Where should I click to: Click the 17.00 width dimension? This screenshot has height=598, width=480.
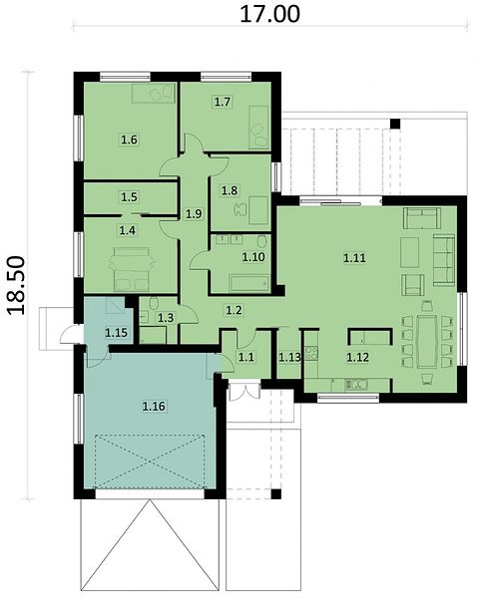pos(269,14)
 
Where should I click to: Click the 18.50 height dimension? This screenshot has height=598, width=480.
pos(16,285)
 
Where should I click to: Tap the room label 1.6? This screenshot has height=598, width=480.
pos(129,140)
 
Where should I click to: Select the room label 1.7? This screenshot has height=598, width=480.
pos(223,103)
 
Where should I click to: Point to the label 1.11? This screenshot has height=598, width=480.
pos(354,258)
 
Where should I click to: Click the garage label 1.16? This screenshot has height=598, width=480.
pos(154,407)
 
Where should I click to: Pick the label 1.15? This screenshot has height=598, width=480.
pos(116,333)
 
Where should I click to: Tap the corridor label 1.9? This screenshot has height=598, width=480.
pos(194,214)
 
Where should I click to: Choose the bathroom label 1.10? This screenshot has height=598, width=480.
pos(253,257)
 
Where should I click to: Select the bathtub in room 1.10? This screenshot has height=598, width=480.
pos(248,283)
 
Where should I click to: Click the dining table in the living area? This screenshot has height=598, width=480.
pos(427,341)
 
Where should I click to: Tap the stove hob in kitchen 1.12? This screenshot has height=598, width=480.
pos(311,353)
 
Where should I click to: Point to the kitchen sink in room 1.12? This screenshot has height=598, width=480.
pos(356,385)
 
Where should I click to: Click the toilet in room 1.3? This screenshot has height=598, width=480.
pos(154,304)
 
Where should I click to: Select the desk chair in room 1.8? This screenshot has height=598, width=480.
pos(240,209)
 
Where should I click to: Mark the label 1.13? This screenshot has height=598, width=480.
pos(289,358)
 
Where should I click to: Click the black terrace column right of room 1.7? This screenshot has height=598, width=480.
pos(395,124)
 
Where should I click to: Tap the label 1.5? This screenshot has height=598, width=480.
pos(129,196)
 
